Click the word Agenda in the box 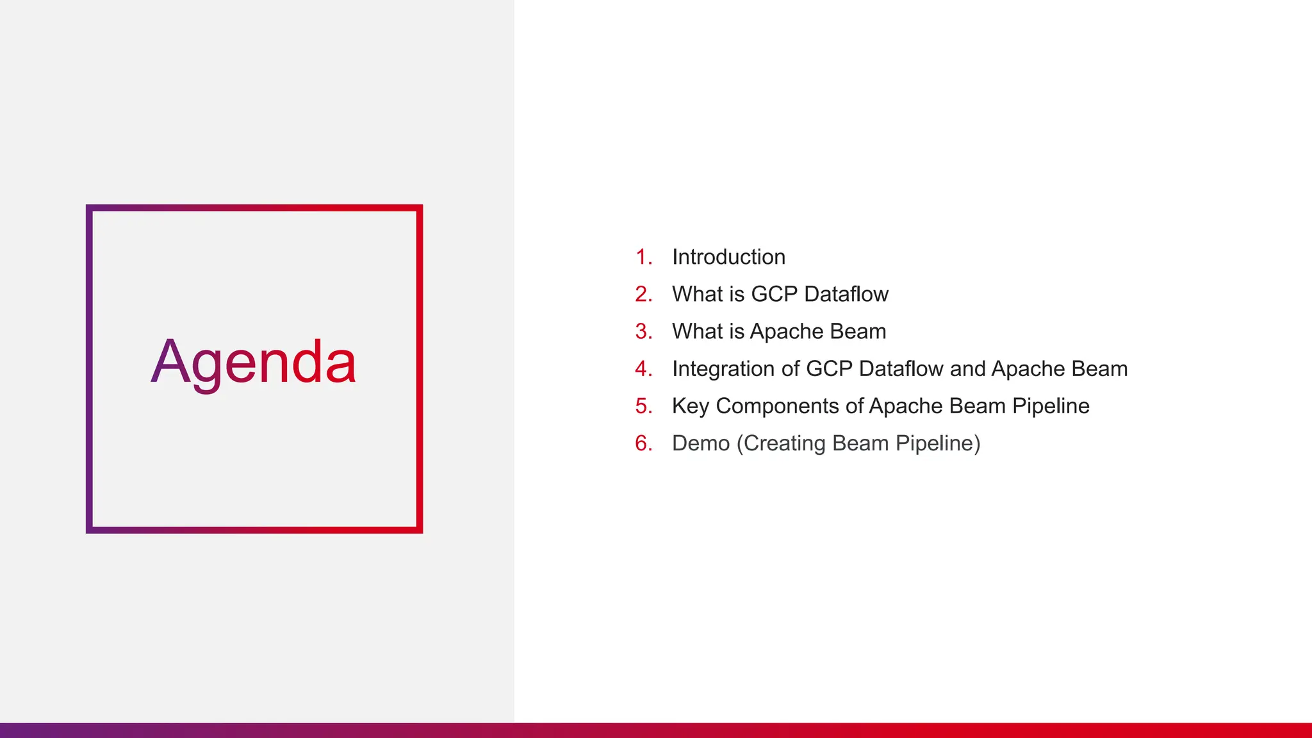[x=253, y=363]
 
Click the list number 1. [x=643, y=257]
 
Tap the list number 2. [x=643, y=294]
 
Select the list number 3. [x=643, y=331]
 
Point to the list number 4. [x=643, y=369]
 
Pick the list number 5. [x=643, y=406]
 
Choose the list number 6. [x=643, y=443]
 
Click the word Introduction [x=728, y=257]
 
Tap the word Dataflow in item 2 [x=846, y=294]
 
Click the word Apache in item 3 [x=786, y=331]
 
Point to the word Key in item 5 [x=690, y=406]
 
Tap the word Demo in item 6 [x=700, y=443]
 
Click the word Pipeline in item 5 [x=1051, y=406]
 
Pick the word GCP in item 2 [x=774, y=294]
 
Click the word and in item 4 [x=967, y=369]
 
